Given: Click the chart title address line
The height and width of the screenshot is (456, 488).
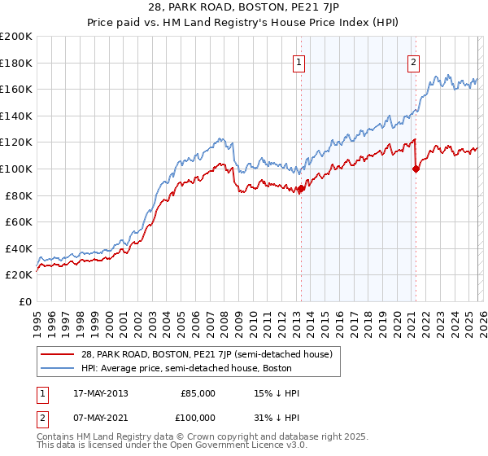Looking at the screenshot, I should (x=244, y=7).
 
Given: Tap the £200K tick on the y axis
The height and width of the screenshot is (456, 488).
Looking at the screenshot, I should (x=16, y=37).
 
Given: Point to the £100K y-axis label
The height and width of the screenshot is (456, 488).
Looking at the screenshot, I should (x=16, y=169).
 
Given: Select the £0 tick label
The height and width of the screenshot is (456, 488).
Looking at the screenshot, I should (x=25, y=301).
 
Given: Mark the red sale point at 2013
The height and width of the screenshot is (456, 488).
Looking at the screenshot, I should (x=301, y=189).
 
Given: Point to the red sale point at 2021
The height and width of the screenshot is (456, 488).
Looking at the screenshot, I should (x=416, y=169).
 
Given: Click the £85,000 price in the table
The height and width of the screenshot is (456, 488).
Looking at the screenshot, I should (x=198, y=393).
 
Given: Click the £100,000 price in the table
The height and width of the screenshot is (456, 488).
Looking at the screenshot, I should (x=198, y=417).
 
